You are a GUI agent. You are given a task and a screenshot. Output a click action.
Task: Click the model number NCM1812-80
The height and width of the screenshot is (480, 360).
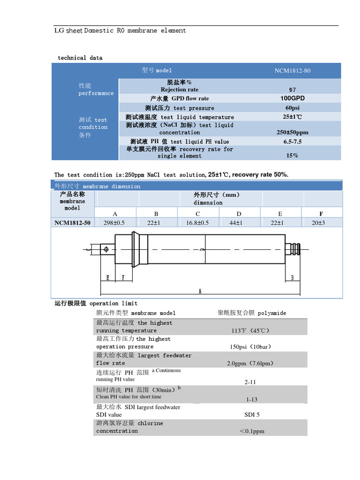coord(292,71)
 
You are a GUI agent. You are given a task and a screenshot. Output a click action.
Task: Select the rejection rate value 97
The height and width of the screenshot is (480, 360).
coord(292,90)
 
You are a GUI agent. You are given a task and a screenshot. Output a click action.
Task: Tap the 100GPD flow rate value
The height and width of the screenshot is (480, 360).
coord(292,98)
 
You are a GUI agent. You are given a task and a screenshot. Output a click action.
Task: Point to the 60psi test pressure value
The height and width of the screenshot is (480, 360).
coord(292,108)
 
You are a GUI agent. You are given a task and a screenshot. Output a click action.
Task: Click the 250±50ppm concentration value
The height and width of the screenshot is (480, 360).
coord(292,132)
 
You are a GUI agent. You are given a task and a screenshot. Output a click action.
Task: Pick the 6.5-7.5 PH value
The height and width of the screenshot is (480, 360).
coord(292,142)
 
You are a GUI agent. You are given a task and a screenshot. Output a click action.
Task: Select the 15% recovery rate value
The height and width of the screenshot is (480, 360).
coord(292,156)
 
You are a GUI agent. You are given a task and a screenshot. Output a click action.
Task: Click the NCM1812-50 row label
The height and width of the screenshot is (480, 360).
coord(72,223)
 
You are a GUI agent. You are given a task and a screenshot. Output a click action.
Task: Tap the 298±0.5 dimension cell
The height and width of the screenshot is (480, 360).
coord(113,223)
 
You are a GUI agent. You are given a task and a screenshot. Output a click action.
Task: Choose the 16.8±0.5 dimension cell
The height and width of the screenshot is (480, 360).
coord(197,223)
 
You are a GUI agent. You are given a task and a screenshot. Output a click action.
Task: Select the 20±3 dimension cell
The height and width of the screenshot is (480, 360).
coord(322,223)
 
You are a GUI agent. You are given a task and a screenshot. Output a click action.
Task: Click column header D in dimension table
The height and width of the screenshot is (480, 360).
coord(239,214)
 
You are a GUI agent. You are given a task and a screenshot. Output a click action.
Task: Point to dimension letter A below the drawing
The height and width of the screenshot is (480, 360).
coord(200,291)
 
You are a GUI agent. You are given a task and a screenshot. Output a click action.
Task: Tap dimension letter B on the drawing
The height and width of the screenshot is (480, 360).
coord(292,278)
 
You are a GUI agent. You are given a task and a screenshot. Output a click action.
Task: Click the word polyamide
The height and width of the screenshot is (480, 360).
coord(272,313)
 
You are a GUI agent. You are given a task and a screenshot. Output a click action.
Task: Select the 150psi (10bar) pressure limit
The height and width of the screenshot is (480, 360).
coord(251,347)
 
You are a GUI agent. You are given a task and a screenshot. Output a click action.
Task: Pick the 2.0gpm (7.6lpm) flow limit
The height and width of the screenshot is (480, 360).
coord(250,363)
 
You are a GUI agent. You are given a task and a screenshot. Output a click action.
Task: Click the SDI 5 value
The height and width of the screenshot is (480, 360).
coord(252,415)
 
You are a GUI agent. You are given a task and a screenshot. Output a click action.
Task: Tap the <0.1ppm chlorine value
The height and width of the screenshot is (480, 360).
coord(252,431)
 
